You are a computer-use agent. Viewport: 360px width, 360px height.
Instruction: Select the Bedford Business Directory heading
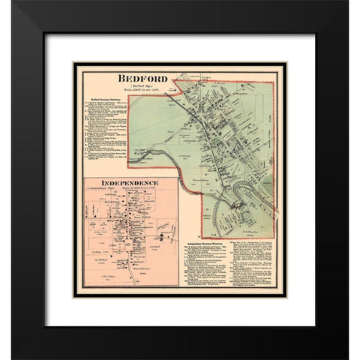[x=105, y=99]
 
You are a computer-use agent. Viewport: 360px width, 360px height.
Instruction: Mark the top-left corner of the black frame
[x=13, y=13]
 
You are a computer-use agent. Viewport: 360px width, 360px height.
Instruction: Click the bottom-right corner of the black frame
[x=348, y=348]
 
